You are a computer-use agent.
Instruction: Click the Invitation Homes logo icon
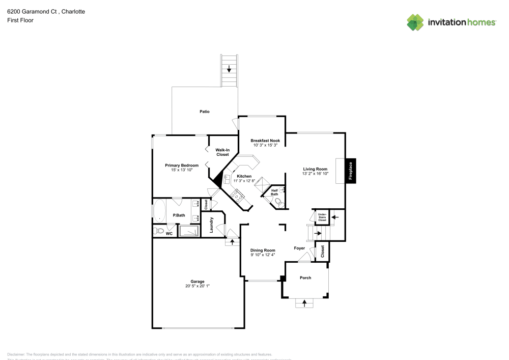pos(415,22)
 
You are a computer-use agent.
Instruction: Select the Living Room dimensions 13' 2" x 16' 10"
pos(316,174)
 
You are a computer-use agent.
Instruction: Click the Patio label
pos(204,112)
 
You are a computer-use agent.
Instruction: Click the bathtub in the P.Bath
pos(159,212)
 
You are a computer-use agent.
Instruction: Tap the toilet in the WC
pos(158,231)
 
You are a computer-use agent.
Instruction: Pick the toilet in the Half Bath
pos(277,202)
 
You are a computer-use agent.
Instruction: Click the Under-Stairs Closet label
pos(322,217)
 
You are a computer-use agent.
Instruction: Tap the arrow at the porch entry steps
pos(305,303)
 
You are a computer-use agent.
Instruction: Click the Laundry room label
pos(211,226)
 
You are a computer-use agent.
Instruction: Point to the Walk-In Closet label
pos(222,152)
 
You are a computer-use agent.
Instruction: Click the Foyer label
pos(299,248)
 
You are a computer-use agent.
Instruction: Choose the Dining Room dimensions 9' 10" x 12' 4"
pos(263,255)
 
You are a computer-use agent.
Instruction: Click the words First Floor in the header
pos(20,20)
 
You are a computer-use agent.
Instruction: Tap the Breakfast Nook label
pos(265,141)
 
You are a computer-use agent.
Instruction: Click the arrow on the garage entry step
pos(232,241)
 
